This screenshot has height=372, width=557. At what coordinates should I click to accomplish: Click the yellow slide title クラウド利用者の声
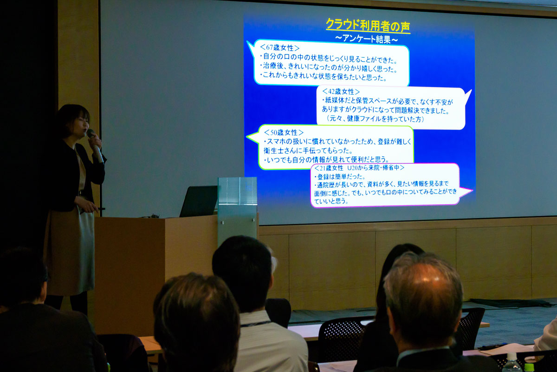point(368,26)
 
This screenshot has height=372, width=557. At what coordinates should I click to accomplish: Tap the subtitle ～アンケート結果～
point(367,39)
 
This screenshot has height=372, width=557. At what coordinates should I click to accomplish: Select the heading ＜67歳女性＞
point(279,47)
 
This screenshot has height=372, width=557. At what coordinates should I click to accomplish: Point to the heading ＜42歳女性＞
point(341,92)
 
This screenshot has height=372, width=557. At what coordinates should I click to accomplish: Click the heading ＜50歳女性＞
point(284,132)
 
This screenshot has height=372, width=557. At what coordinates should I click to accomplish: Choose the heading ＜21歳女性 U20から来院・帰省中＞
point(360,168)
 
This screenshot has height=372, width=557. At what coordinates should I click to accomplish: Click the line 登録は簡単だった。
point(340,177)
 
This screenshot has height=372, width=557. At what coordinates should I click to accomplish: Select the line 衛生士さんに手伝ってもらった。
point(308,151)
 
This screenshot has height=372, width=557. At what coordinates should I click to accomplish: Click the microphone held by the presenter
point(95,146)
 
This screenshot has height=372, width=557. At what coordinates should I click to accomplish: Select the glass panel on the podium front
point(237,212)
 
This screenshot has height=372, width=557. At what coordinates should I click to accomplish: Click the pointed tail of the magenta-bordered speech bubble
point(466,192)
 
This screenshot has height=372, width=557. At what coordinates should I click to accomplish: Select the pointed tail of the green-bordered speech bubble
point(253,137)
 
